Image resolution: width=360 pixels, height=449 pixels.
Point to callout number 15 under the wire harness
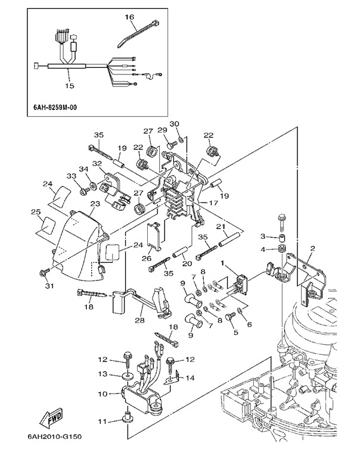click(70, 86)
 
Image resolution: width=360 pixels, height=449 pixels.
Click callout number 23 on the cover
click(94, 204)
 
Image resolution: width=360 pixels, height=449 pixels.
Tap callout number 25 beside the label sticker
click(35, 212)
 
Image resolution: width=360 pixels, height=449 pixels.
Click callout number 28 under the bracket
click(140, 321)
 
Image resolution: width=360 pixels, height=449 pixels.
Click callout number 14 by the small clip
click(191, 377)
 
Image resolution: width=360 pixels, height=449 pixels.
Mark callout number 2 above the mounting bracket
click(312, 248)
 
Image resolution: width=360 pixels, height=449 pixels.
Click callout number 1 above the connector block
click(224, 263)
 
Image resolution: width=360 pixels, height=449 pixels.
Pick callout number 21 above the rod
click(219, 227)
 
